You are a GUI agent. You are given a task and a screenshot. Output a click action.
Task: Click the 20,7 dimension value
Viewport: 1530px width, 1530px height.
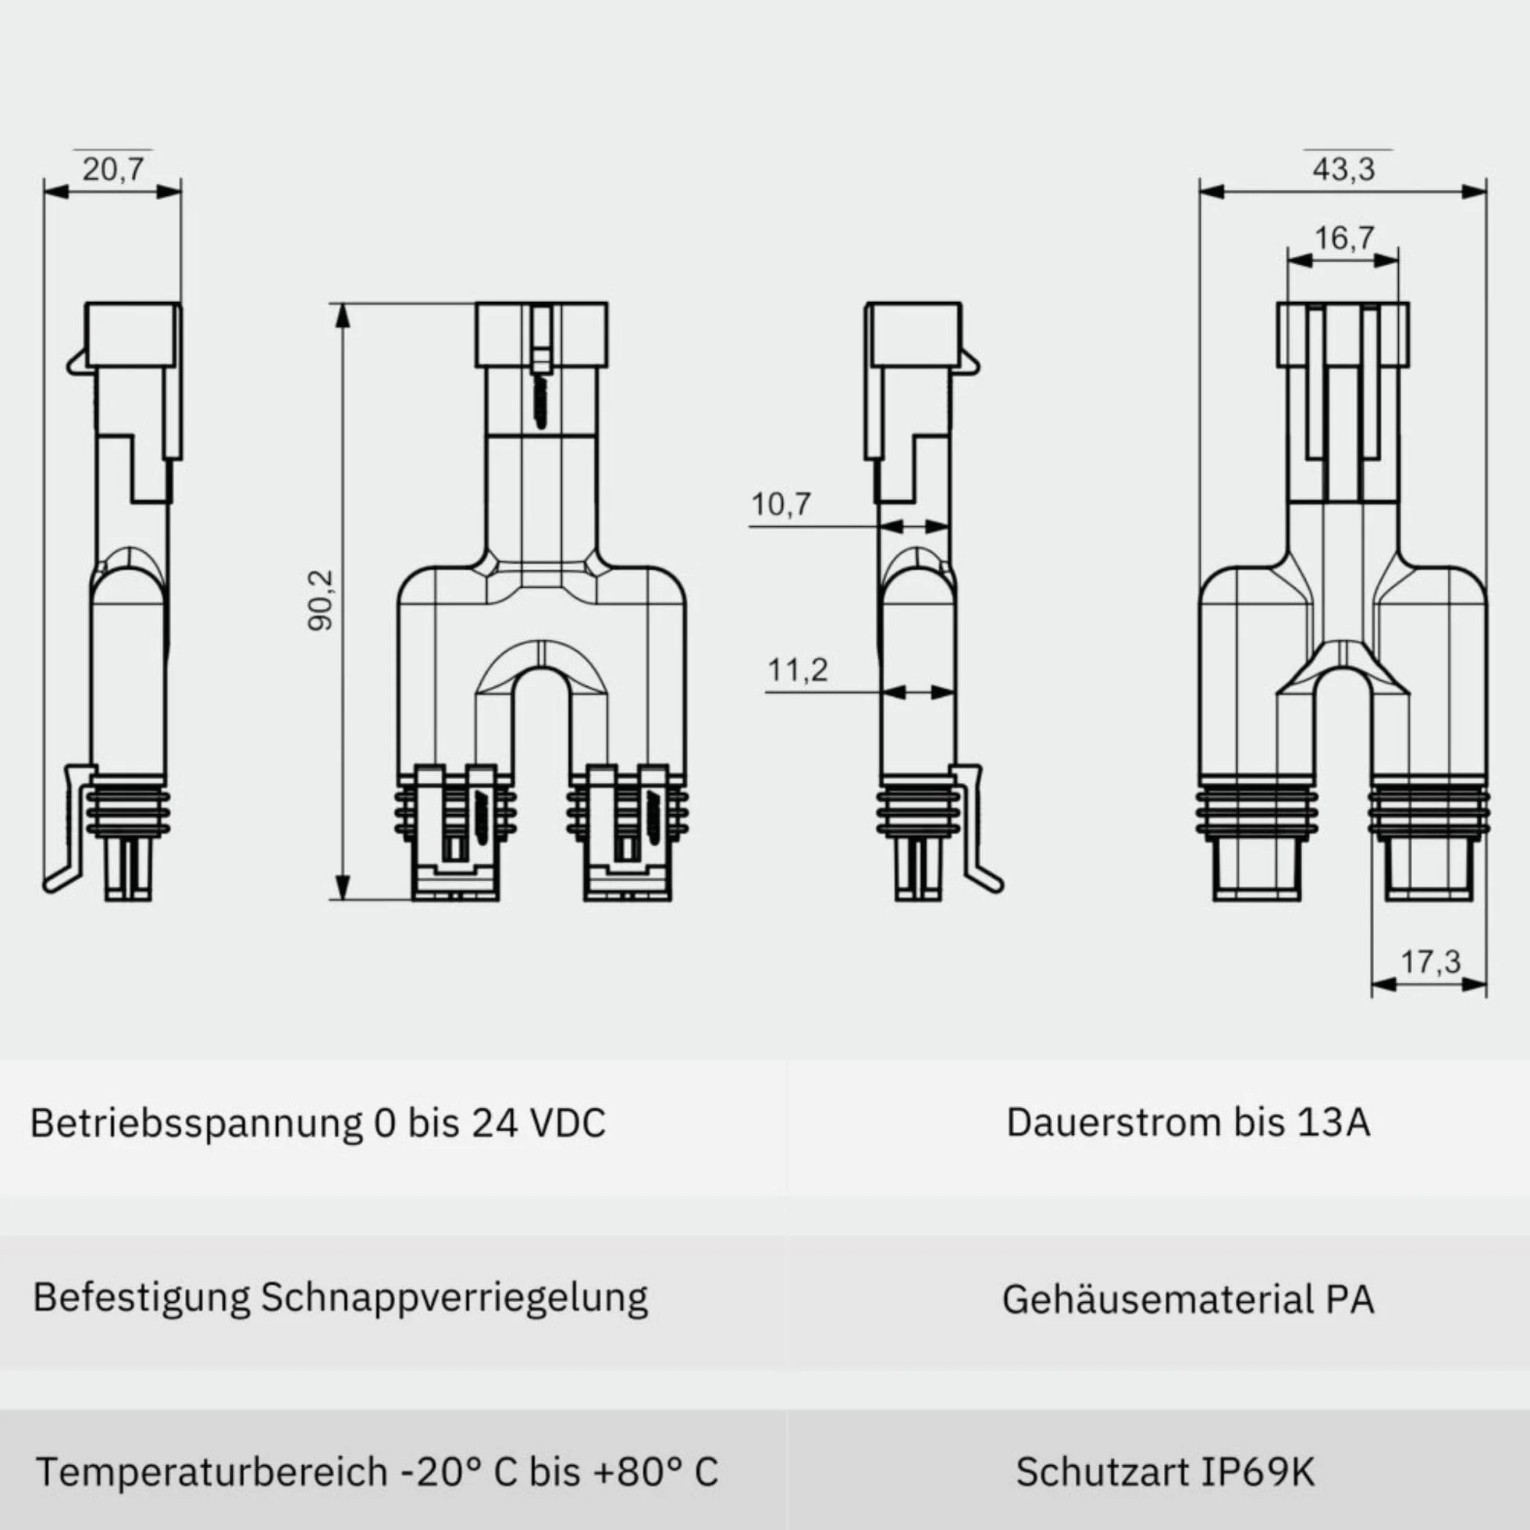point(113,169)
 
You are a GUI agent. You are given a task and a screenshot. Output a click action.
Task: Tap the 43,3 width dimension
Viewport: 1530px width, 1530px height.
point(1344,169)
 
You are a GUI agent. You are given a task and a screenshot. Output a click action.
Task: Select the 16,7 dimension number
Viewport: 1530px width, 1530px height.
point(1344,237)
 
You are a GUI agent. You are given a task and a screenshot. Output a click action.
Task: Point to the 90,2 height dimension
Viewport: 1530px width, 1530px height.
point(321,600)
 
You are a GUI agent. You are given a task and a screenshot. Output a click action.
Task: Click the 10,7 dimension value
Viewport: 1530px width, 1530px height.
point(781,503)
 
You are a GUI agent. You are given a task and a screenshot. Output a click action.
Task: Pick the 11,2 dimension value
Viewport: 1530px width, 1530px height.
point(798,670)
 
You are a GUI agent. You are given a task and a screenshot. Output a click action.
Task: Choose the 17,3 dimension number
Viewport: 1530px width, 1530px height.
point(1430,962)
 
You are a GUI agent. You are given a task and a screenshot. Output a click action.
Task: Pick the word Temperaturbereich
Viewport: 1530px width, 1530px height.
point(212,1472)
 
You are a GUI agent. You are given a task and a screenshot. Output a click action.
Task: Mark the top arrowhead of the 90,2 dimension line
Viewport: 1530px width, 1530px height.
point(342,315)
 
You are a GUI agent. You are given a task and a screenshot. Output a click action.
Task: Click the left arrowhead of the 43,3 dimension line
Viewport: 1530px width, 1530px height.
point(1212,190)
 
